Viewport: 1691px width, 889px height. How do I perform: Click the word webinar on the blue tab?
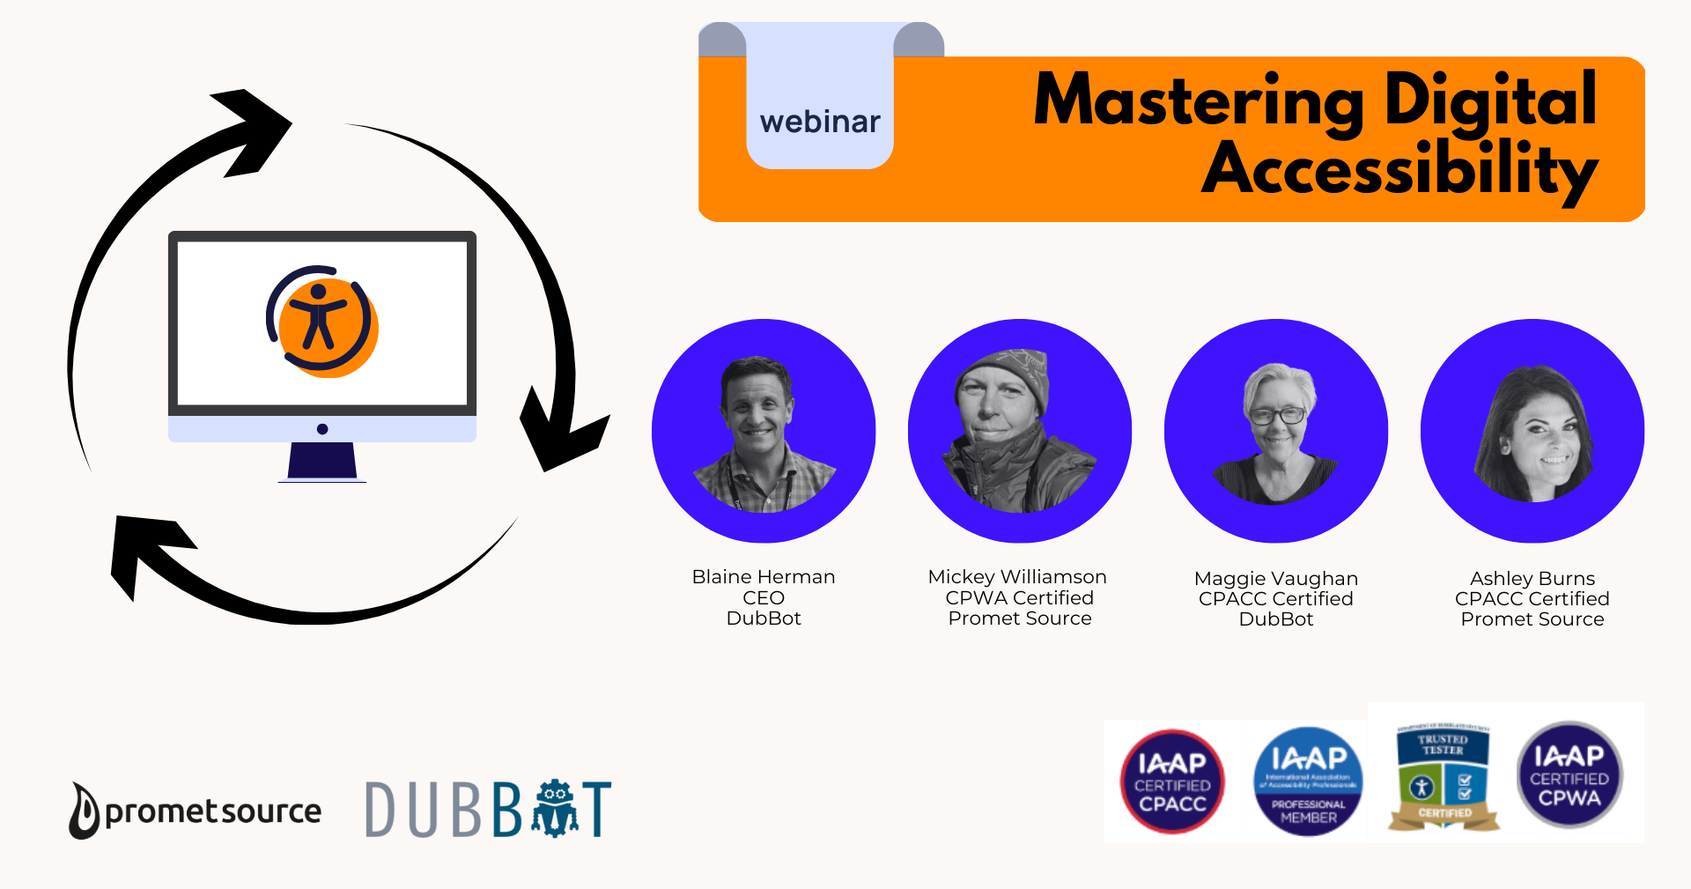(820, 122)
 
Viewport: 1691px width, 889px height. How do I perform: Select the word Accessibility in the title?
(1399, 169)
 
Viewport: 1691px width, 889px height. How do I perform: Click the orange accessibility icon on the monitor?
(322, 324)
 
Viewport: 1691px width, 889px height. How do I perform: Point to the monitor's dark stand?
(322, 460)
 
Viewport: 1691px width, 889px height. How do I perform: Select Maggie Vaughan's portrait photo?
(1275, 432)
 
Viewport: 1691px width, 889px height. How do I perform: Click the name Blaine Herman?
(763, 577)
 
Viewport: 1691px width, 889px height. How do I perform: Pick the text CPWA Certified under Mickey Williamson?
(1019, 598)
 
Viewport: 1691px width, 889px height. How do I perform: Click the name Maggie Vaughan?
(1275, 579)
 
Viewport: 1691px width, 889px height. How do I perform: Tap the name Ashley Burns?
(1532, 579)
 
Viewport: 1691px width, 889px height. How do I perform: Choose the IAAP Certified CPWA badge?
(1569, 775)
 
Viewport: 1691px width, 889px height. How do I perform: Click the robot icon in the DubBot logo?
(555, 808)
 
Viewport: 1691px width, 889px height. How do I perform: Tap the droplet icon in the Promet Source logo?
(85, 811)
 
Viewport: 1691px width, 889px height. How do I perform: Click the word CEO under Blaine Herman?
(763, 598)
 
